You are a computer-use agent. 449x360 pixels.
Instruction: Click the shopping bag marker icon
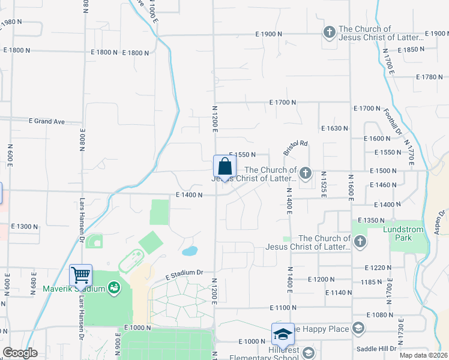(x=224, y=167)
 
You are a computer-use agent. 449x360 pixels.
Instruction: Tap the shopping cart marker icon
(x=80, y=275)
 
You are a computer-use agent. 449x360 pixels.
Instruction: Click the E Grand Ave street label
(x=46, y=121)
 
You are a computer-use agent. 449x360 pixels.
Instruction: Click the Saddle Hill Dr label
(x=377, y=349)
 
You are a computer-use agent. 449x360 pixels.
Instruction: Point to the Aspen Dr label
(x=442, y=221)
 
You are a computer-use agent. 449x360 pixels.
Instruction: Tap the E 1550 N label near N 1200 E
(x=243, y=155)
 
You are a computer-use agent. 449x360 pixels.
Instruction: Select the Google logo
(x=20, y=353)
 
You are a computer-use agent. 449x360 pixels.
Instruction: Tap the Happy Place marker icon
(x=358, y=328)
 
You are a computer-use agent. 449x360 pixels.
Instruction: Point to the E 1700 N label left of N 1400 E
(x=283, y=103)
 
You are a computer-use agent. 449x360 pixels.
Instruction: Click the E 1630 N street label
(x=335, y=128)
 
